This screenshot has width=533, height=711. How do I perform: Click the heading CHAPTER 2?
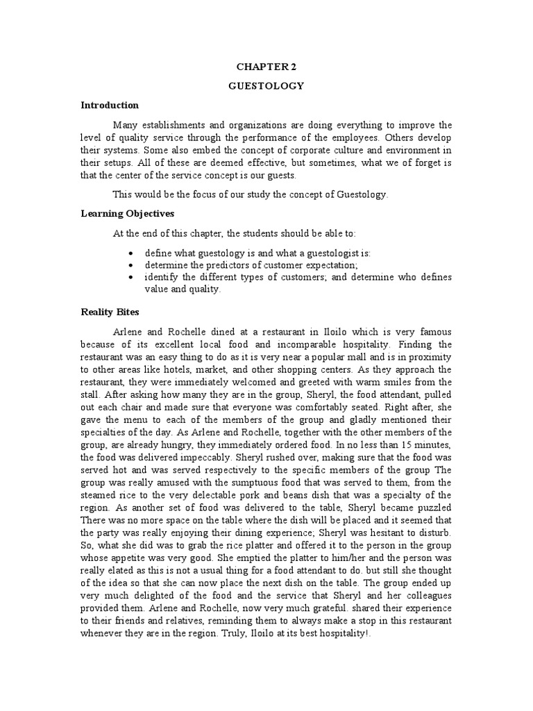[266, 67]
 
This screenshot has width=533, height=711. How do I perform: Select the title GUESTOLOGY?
[266, 86]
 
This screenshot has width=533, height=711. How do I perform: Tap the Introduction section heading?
[110, 106]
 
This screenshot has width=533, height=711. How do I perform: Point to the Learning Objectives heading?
[127, 213]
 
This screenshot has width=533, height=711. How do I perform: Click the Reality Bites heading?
[110, 312]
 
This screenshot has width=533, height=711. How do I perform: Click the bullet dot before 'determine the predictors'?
[132, 265]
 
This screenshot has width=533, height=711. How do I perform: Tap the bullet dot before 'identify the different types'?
[132, 277]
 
